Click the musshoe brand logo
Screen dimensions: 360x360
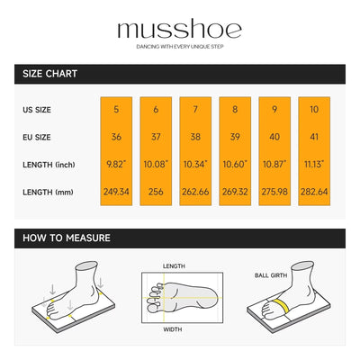point(180,29)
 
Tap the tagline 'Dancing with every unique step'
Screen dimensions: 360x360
point(180,47)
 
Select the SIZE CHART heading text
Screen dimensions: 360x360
point(50,74)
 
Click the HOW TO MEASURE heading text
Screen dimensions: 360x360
point(67,238)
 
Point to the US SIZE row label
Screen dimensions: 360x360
point(37,110)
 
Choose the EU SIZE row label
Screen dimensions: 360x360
point(37,138)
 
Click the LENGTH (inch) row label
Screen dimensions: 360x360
point(49,165)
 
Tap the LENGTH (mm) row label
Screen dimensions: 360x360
point(48,192)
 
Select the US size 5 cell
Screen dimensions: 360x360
point(116,109)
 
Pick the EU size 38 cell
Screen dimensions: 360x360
point(195,137)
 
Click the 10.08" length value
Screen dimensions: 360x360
point(156,164)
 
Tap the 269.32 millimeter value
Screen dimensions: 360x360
point(235,192)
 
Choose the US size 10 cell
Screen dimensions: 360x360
point(314,109)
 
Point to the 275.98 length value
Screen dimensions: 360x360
point(274,192)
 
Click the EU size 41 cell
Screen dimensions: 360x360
point(314,137)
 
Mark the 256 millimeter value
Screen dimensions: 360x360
point(156,192)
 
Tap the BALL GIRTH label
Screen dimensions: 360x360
point(271,275)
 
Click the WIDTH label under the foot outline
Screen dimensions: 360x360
point(173,329)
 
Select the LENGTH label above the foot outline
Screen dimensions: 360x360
point(174,266)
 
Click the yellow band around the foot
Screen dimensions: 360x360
point(283,305)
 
